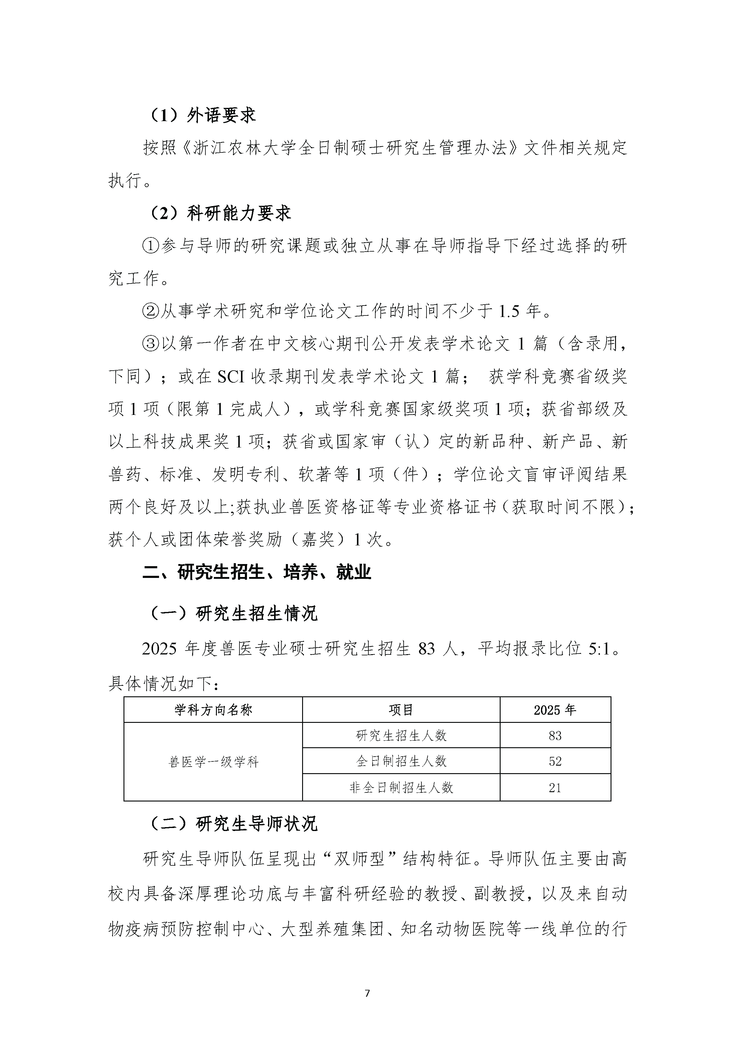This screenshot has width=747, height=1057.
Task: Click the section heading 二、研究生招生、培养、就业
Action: coord(257,572)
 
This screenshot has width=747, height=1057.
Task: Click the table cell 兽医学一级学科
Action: coord(213,762)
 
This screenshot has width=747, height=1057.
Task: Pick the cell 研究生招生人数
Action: coord(401,736)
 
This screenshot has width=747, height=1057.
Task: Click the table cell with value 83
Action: coord(555,736)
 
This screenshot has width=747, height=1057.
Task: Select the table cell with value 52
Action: coord(555,761)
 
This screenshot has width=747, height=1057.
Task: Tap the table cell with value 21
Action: coord(555,788)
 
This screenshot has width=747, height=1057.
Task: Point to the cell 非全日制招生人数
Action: coord(401,788)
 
